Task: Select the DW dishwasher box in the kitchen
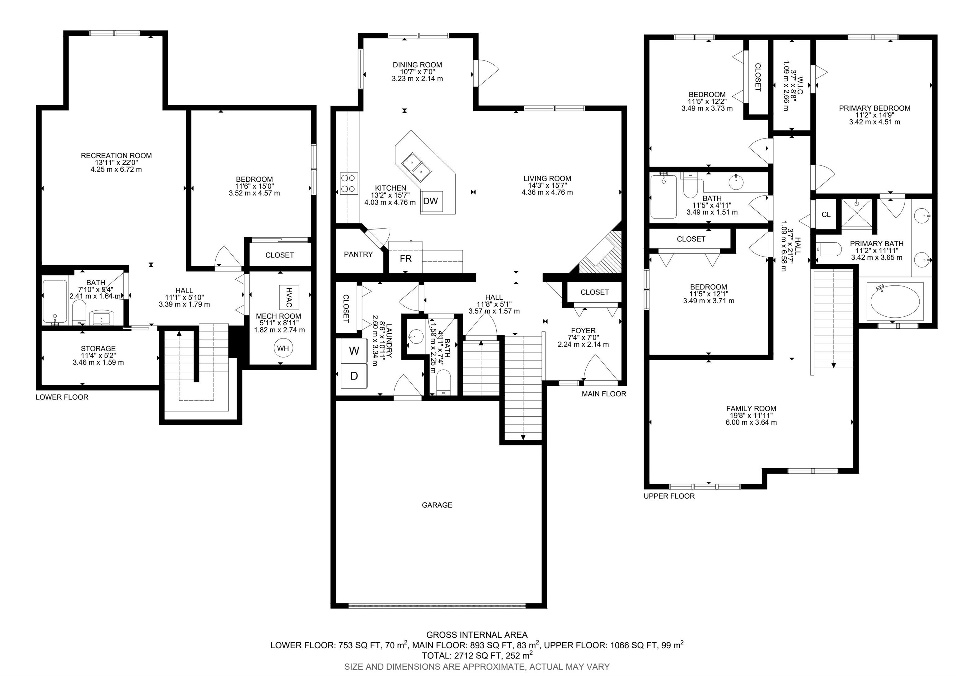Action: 431,201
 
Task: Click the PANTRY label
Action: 358,254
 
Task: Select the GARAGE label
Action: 437,505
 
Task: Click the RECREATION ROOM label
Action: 116,155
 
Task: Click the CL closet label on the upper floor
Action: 826,215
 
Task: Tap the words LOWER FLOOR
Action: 62,397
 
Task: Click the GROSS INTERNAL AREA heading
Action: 477,635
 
